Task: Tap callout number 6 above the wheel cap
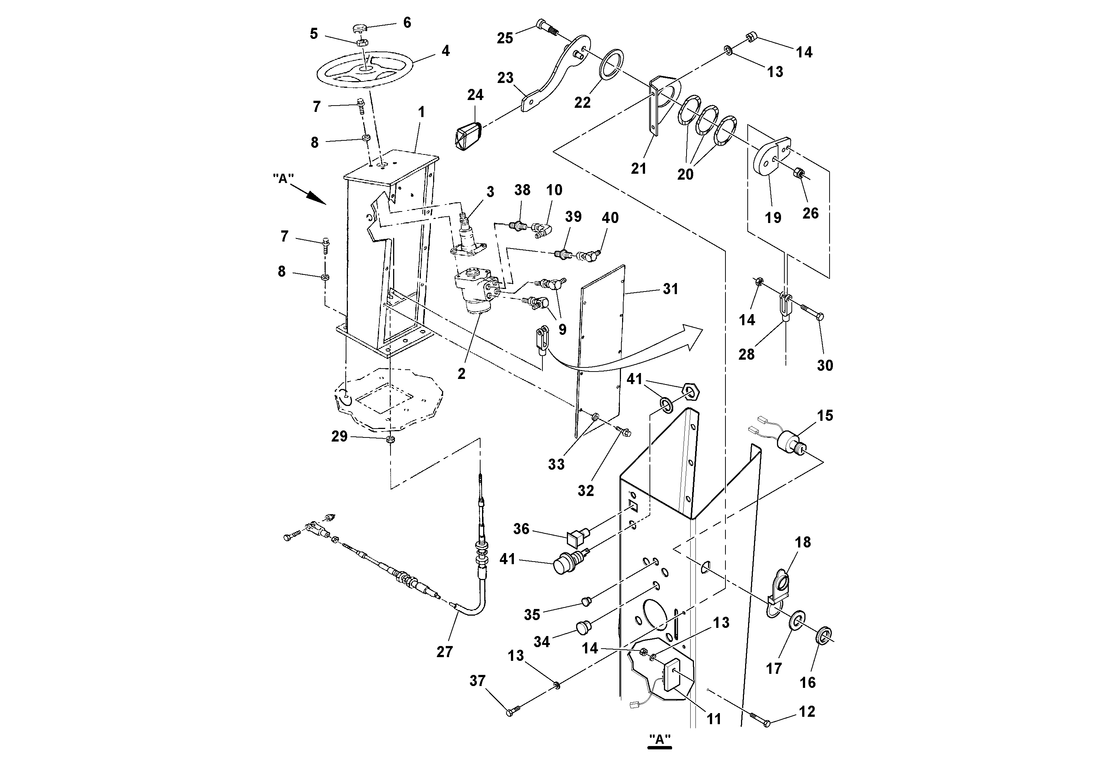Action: [x=407, y=23]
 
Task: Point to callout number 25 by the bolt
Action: [x=505, y=38]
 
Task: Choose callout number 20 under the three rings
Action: [x=685, y=174]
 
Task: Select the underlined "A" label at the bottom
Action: [x=660, y=739]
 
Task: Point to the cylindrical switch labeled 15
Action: [x=789, y=440]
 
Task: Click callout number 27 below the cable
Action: [x=444, y=652]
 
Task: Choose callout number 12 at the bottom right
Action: [x=807, y=711]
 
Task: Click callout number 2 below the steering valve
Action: [x=461, y=373]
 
